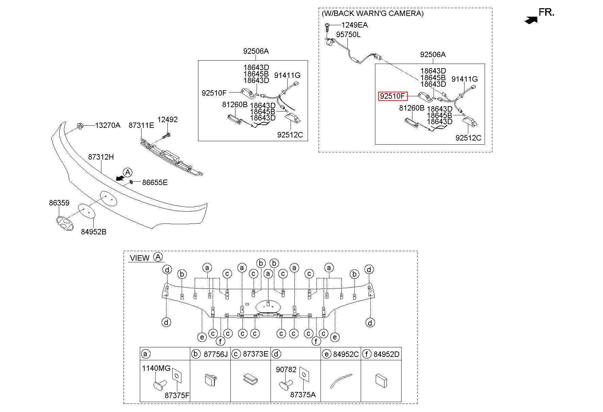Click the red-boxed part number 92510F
point(392,96)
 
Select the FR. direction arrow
point(531,20)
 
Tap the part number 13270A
point(108,125)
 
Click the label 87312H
point(101,157)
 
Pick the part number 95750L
point(348,35)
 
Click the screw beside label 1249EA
point(327,27)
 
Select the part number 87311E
point(141,125)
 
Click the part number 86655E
point(155,182)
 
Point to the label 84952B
point(94,232)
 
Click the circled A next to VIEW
point(158,257)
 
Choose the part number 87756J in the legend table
point(215,354)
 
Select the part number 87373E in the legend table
point(256,354)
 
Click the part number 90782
point(286,369)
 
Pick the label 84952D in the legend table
point(386,354)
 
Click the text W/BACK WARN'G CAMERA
point(373,13)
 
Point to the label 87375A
point(303,394)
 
